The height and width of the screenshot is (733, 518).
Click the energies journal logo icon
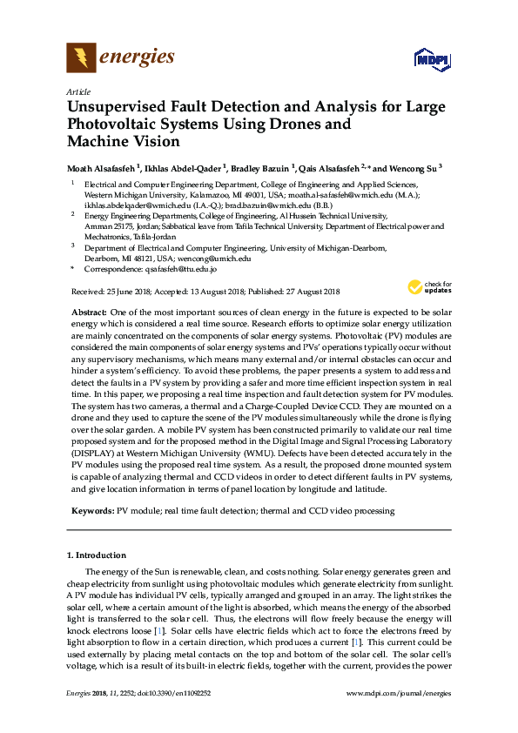pos(82,58)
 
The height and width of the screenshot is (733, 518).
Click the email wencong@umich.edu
pos(213,259)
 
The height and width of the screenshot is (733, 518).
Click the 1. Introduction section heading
pos(96,555)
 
